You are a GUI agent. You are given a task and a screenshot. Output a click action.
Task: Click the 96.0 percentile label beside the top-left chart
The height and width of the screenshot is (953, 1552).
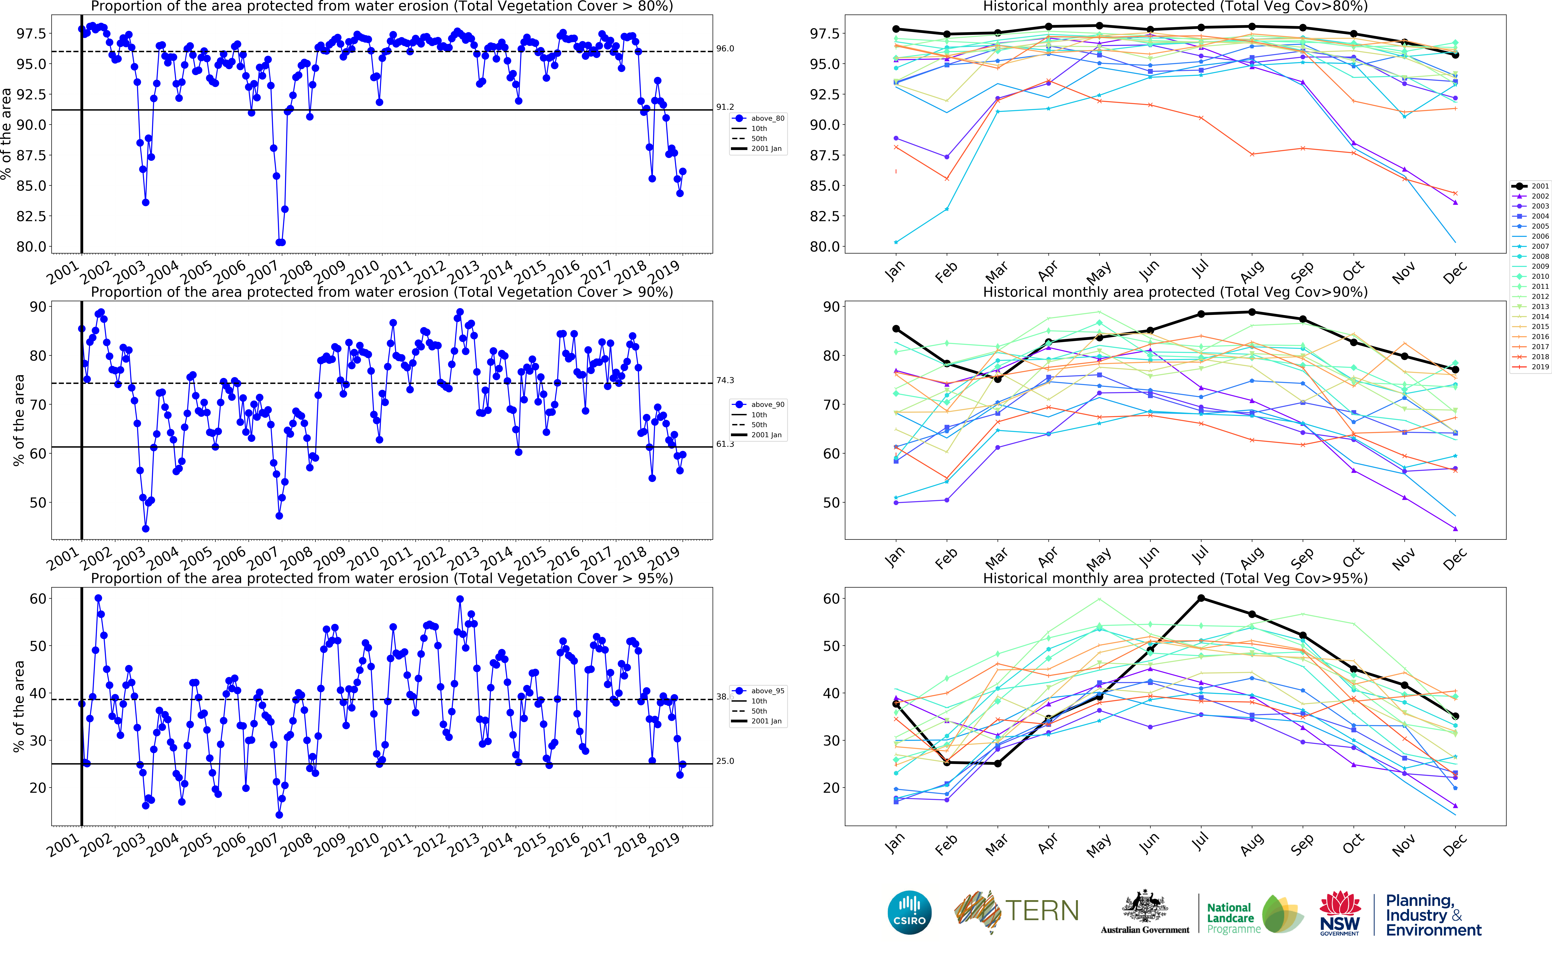coord(725,49)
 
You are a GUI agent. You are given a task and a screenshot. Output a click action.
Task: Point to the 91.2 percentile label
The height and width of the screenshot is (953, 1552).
coord(725,107)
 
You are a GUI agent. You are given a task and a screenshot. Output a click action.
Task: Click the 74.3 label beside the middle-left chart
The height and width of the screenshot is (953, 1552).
coord(725,380)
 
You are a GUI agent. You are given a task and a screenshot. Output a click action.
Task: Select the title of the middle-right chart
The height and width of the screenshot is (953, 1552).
coord(1175,292)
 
